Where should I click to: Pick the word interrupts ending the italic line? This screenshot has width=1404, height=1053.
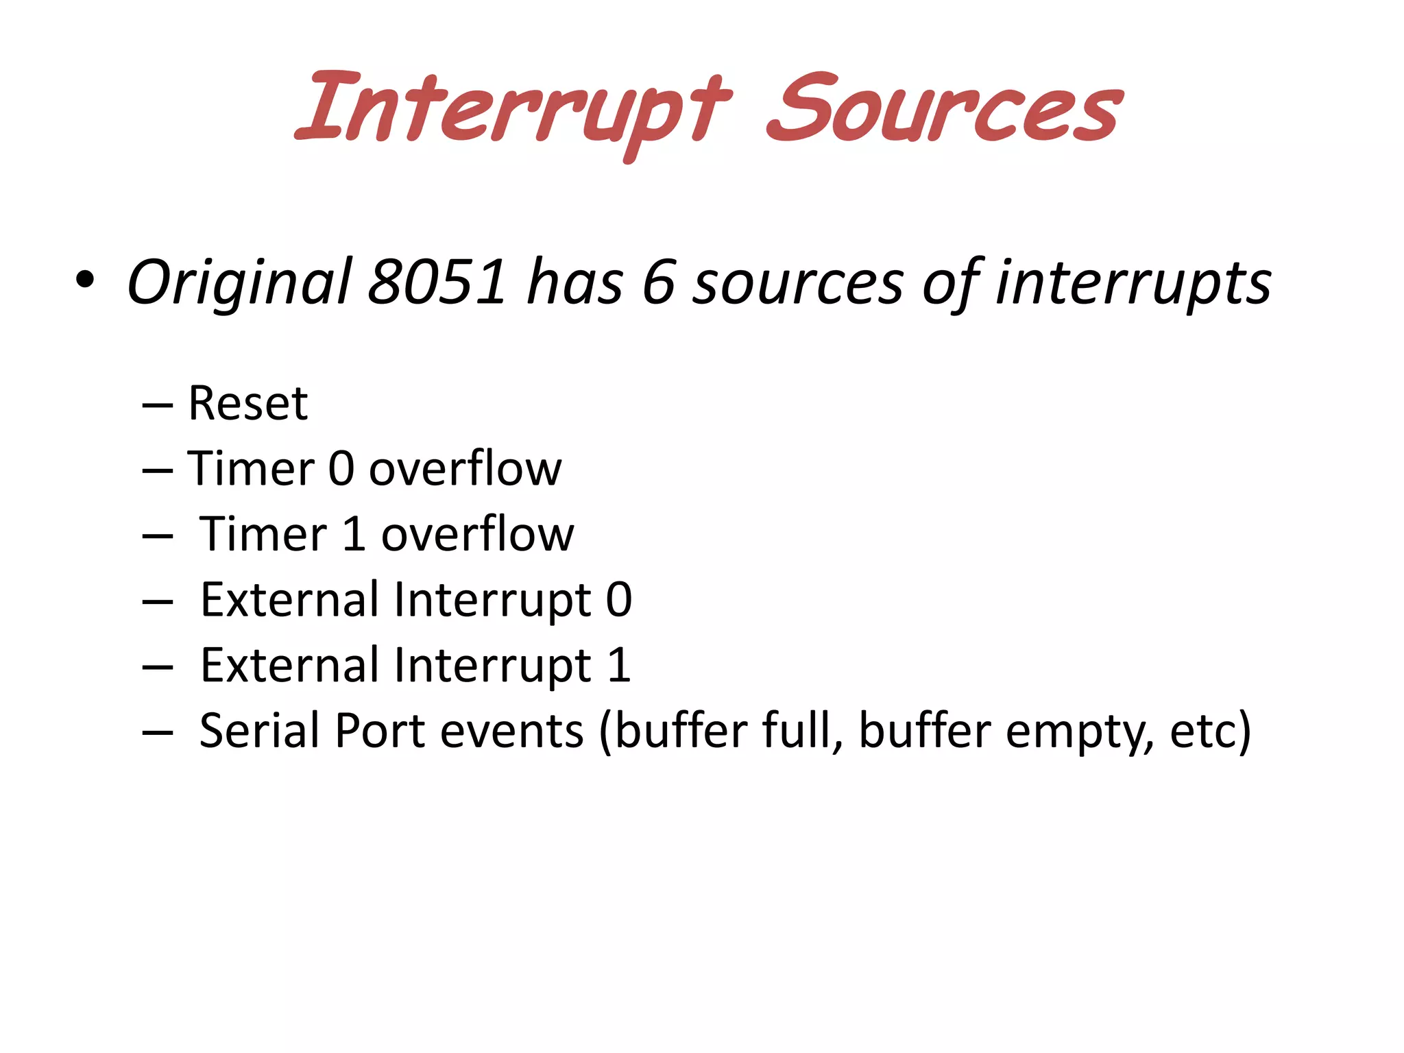(x=1133, y=282)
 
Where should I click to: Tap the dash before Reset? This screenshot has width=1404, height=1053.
(x=157, y=406)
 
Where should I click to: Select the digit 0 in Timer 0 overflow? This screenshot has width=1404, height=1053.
(x=341, y=469)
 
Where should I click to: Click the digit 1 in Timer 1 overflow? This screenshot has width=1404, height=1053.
(x=354, y=534)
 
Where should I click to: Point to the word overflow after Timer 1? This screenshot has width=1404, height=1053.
(x=477, y=534)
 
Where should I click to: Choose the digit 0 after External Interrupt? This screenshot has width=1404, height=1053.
(x=618, y=600)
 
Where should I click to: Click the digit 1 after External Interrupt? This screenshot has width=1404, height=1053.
(x=619, y=665)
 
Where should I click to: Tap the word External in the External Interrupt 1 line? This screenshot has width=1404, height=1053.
(x=289, y=665)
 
